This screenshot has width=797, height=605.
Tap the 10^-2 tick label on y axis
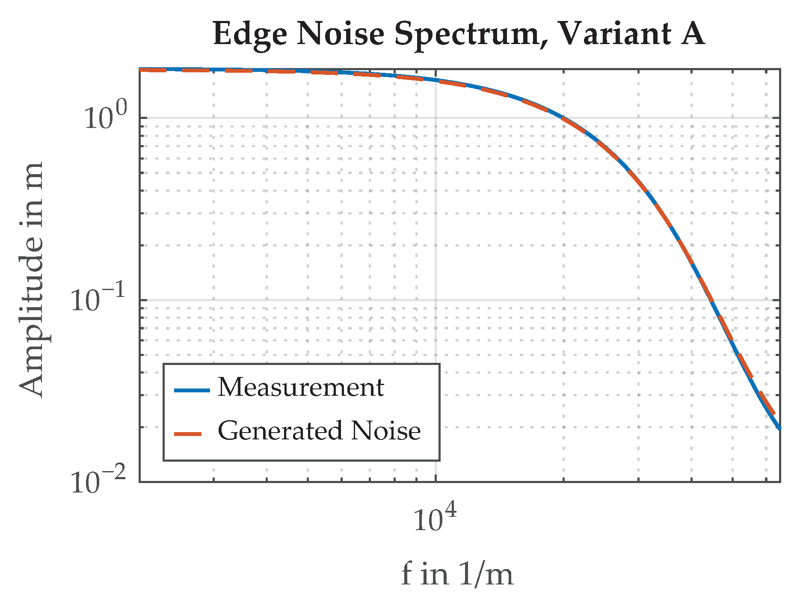98,482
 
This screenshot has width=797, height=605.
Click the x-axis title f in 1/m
457,575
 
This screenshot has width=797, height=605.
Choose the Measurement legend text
301,388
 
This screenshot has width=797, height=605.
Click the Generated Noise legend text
319,431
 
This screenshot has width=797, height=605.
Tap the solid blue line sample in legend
192,390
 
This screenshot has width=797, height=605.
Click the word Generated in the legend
280,431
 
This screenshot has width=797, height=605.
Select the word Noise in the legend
386,431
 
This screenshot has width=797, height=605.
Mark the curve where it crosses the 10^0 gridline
562,118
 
